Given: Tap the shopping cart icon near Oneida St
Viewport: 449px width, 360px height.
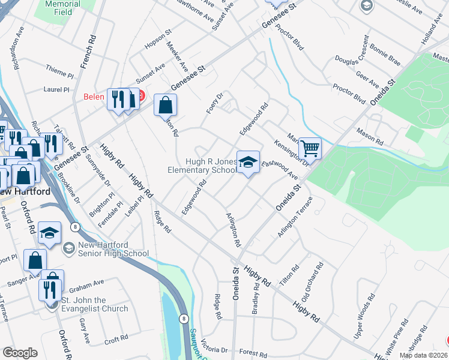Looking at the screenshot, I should [310, 148].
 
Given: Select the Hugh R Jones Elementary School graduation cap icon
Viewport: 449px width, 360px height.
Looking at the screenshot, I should [248, 161].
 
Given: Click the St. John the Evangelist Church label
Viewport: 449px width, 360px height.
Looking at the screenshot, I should [94, 304].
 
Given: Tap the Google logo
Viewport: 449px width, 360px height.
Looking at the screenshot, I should [20, 353].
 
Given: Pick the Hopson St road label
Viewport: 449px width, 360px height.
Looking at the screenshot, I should [158, 41].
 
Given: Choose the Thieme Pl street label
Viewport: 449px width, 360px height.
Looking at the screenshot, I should [59, 76].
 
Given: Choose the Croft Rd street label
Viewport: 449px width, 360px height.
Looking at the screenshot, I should [116, 338].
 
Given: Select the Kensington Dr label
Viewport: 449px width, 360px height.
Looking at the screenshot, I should [291, 153].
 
